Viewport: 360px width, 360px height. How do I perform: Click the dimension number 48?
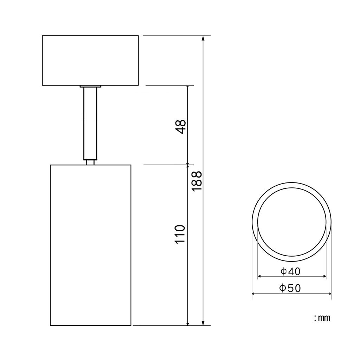(x=180, y=127)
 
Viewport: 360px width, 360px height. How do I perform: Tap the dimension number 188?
(x=197, y=181)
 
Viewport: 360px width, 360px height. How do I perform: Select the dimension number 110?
(x=180, y=234)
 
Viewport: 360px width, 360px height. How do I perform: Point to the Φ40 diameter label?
(x=290, y=271)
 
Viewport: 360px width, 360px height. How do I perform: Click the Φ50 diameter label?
(x=290, y=288)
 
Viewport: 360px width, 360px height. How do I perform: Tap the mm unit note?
(x=322, y=318)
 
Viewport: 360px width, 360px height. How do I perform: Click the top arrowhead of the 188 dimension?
(x=203, y=38)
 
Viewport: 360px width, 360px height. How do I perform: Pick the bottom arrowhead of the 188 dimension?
(x=203, y=323)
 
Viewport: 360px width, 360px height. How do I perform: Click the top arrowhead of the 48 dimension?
(x=188, y=88)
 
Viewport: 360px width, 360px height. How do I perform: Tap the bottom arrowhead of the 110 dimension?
(x=188, y=323)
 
